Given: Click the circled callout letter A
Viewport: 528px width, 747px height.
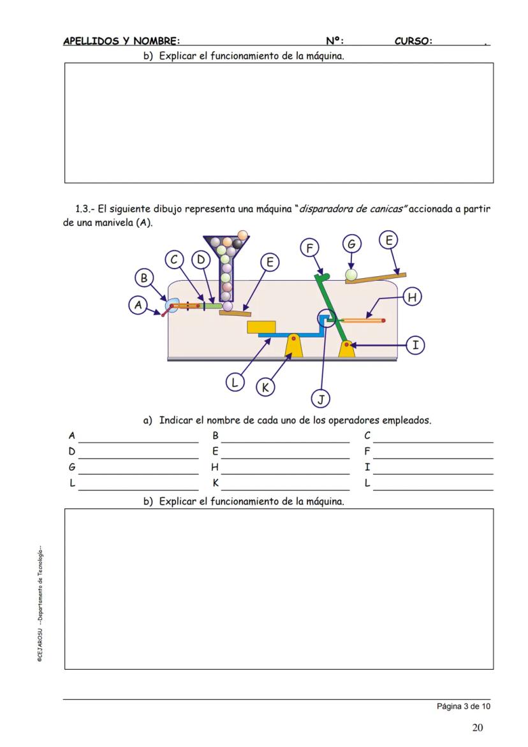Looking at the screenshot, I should tap(138, 306).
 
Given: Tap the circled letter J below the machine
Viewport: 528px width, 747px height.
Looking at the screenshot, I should tap(320, 399).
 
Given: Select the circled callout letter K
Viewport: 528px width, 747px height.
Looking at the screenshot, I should tap(265, 387).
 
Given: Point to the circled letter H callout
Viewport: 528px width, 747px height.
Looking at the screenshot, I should tap(413, 297).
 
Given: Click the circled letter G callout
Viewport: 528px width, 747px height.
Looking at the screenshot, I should tap(351, 244).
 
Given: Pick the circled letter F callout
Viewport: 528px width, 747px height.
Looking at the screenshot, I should tap(309, 248).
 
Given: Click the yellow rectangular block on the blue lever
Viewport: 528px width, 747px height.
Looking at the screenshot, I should tap(261, 327).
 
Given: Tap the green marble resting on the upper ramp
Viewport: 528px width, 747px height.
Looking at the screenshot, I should tap(351, 275).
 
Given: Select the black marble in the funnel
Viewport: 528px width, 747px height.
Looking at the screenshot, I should tap(238, 243).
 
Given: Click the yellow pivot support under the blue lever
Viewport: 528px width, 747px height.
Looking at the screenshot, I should tap(293, 346).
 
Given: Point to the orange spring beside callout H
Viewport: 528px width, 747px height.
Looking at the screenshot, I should tap(363, 320).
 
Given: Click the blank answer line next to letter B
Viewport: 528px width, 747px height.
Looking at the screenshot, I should tap(285, 441).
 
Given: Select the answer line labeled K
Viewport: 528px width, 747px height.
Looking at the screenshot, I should tap(285, 489).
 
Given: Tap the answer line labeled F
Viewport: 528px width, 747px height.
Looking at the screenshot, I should tap(433, 457).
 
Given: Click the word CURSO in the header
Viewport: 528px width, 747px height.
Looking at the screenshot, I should tap(413, 41).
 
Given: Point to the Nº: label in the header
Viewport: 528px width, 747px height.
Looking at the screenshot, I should tap(334, 41).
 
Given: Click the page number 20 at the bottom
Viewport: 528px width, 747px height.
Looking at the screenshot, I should tap(478, 727).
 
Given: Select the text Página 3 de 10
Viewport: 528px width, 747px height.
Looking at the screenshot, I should tap(464, 706).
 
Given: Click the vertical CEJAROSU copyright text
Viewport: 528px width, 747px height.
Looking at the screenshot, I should tap(40, 603).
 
